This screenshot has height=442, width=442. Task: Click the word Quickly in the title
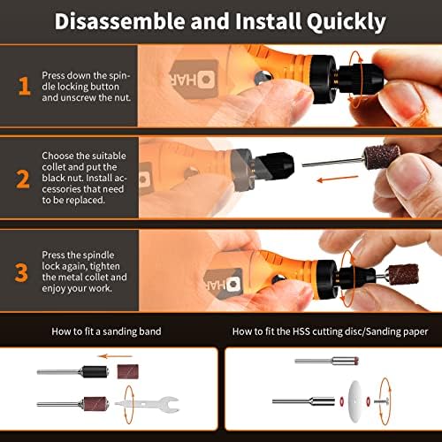(x=346, y=21)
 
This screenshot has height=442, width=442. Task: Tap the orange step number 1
(x=25, y=86)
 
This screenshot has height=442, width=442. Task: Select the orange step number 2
(x=23, y=179)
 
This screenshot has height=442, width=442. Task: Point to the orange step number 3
(x=21, y=272)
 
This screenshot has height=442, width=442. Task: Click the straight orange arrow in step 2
(x=338, y=179)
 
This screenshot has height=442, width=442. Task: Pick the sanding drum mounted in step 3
(x=403, y=275)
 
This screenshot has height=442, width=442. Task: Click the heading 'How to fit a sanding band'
(x=106, y=331)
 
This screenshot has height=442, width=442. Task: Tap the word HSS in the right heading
(x=301, y=331)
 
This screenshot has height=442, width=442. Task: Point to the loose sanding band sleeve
(x=127, y=371)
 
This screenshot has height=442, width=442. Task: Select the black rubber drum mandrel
(x=95, y=372)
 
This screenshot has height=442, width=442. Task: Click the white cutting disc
(x=355, y=401)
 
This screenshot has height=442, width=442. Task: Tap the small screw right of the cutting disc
(x=381, y=401)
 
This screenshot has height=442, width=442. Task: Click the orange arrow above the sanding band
(x=115, y=356)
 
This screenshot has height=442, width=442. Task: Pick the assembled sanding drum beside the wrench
(x=72, y=403)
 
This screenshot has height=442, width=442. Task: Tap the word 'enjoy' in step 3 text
(x=54, y=288)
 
